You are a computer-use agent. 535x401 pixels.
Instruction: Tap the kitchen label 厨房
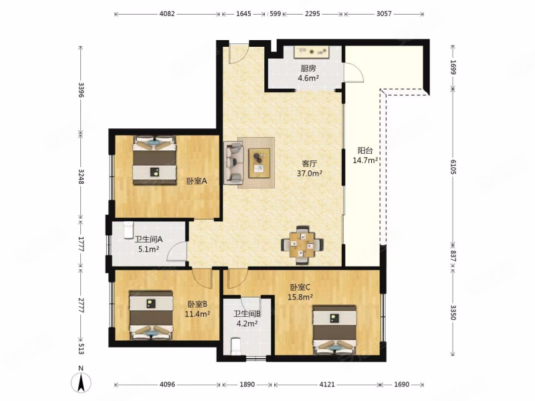pyautogui.click(x=308, y=69)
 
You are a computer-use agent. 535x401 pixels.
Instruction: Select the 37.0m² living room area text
pyautogui.click(x=310, y=173)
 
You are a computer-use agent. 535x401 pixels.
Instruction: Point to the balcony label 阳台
pyautogui.click(x=365, y=150)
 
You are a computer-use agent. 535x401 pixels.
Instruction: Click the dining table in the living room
pyautogui.click(x=302, y=245)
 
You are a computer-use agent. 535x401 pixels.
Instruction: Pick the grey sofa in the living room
pyautogui.click(x=233, y=163)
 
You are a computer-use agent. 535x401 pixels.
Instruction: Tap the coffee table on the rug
pyautogui.click(x=259, y=163)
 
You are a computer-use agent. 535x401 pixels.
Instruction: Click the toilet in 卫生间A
pyautogui.click(x=128, y=230)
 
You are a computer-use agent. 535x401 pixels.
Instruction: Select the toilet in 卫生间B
pyautogui.click(x=236, y=346)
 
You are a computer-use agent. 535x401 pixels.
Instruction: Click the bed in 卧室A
pyautogui.click(x=154, y=160)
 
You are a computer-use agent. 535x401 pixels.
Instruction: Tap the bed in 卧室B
pyautogui.click(x=151, y=315)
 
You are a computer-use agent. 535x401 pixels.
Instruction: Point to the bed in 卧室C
pyautogui.click(x=335, y=330)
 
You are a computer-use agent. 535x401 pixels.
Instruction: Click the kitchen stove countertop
pyautogui.click(x=311, y=52)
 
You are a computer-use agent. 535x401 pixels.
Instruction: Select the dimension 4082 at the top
pyautogui.click(x=167, y=14)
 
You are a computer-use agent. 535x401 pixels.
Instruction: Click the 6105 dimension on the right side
pyautogui.click(x=453, y=166)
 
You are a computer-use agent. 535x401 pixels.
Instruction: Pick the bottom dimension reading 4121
pyautogui.click(x=327, y=385)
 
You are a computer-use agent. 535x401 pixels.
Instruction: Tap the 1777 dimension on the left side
pyautogui.click(x=81, y=244)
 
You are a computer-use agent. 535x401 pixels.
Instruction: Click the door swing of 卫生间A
pyautogui.click(x=177, y=251)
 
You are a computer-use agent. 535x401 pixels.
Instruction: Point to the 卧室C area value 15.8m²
pyautogui.click(x=300, y=297)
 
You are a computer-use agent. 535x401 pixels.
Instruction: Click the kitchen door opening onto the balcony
pyautogui.click(x=354, y=73)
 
